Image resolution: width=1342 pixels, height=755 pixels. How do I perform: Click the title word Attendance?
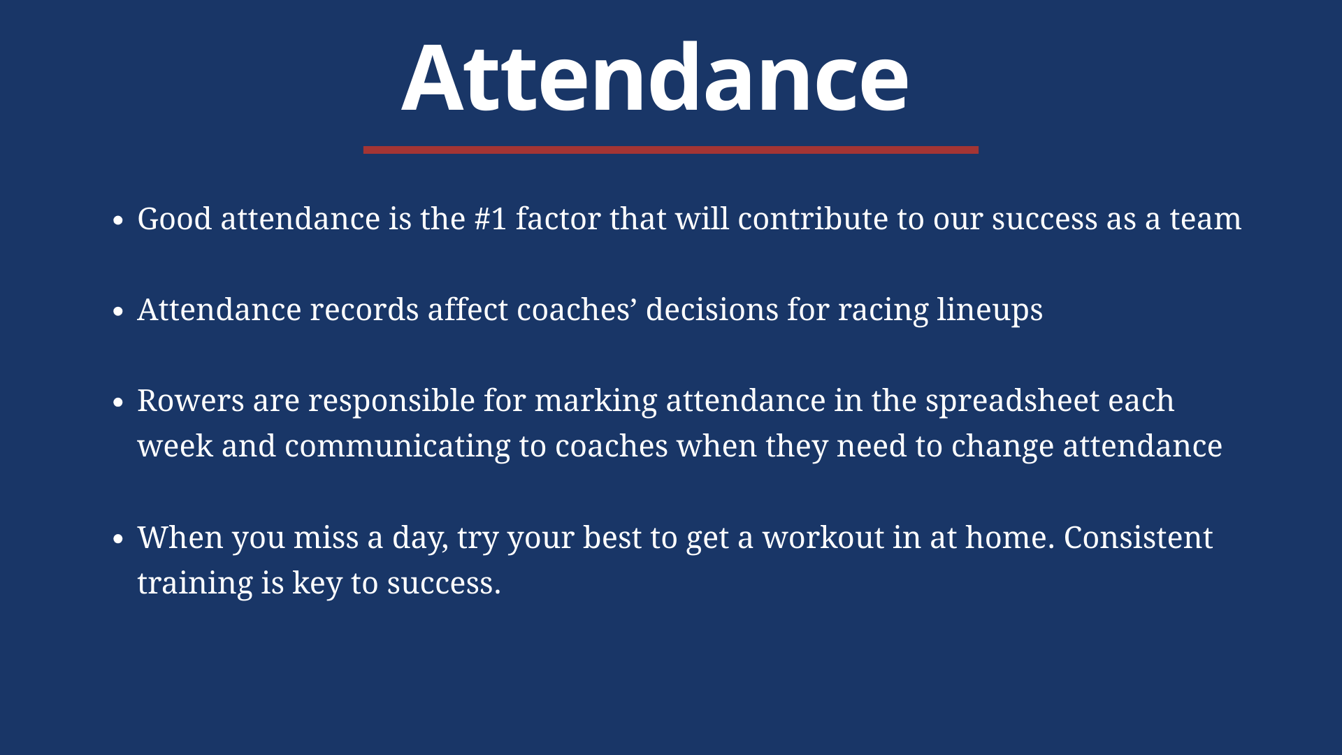click(655, 77)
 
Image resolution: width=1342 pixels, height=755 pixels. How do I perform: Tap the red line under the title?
click(671, 150)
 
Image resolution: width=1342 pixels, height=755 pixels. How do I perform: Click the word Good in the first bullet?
click(175, 219)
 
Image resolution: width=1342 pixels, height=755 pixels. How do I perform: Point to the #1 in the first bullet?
click(491, 219)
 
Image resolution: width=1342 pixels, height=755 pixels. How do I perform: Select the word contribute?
click(813, 219)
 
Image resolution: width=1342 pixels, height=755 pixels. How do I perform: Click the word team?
click(1206, 220)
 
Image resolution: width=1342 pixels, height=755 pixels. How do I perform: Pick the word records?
click(364, 310)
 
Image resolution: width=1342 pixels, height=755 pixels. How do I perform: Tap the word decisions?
click(712, 310)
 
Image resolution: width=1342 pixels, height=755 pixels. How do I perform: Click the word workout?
click(823, 538)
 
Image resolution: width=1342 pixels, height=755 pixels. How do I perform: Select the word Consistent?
click(1139, 538)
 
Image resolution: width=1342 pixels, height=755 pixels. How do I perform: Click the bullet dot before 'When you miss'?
click(118, 539)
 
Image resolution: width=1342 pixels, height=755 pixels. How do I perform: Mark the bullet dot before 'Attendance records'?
click(118, 311)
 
